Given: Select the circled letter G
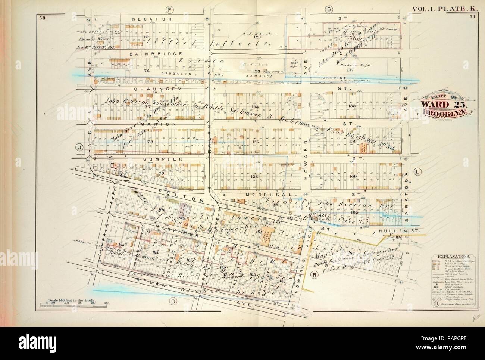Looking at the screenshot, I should [329, 8].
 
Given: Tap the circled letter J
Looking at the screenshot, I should [79, 147].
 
